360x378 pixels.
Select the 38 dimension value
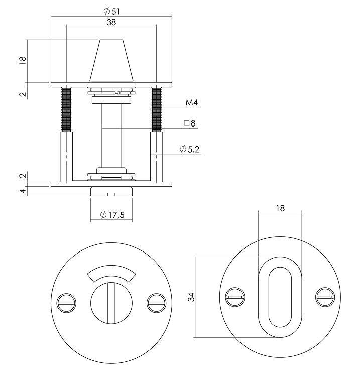(x=111, y=23)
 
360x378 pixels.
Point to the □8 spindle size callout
(x=189, y=123)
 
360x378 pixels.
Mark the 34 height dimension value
(x=191, y=297)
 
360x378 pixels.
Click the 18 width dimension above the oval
(x=280, y=208)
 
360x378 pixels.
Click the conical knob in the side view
(x=111, y=61)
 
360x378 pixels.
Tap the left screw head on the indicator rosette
(x=67, y=301)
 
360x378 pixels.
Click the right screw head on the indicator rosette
(x=156, y=301)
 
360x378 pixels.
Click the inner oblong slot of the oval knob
(x=280, y=297)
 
